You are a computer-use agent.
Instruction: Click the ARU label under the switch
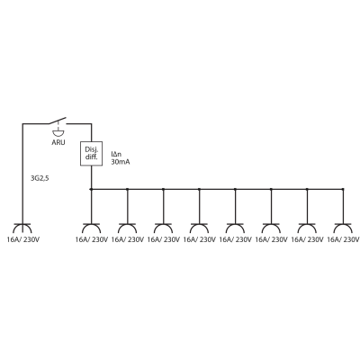pos(58,142)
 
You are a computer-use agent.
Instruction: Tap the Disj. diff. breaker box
pos(92,154)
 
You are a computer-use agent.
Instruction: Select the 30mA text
pos(121,162)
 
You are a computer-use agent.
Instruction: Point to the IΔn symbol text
pos(116,155)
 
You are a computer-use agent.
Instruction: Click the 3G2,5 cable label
pos(40,178)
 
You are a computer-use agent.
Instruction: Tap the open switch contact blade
pos(58,121)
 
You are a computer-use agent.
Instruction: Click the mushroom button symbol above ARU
pos(58,131)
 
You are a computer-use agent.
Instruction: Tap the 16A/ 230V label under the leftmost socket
pos(23,239)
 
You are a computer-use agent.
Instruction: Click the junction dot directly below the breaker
pos(91,189)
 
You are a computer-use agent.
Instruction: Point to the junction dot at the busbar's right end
pos(343,189)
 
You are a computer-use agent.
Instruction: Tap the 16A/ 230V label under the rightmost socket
pos(343,239)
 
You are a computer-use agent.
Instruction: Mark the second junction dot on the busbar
pos(128,189)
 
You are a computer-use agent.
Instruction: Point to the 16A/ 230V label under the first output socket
pos(92,239)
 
